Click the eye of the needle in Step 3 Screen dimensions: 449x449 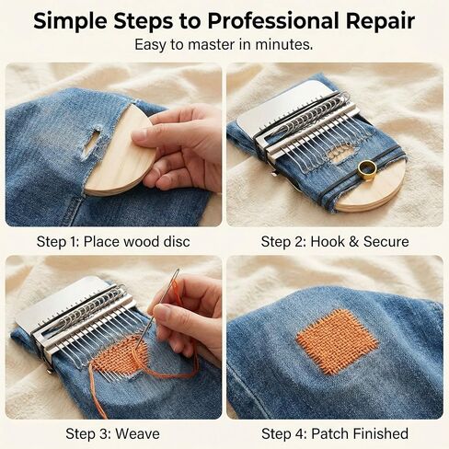[177, 274]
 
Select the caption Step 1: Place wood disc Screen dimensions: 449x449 [113, 242]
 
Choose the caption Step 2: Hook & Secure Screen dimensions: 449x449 [335, 242]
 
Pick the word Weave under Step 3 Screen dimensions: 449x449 [138, 433]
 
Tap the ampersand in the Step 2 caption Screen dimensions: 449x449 [353, 242]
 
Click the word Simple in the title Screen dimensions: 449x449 [71, 21]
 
